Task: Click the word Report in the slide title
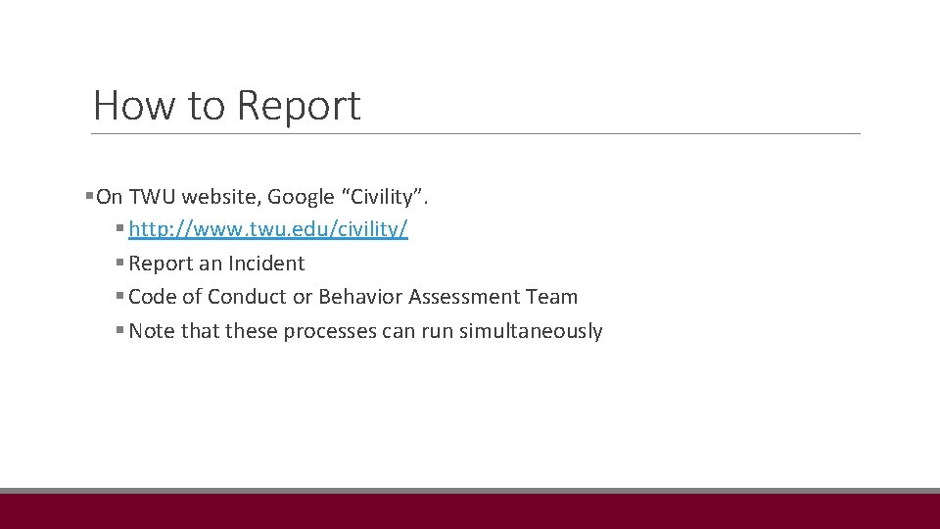[299, 106]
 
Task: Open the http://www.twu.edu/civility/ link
[268, 230]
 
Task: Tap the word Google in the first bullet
[301, 197]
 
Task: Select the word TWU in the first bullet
[152, 197]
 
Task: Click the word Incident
[266, 264]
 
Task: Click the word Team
[554, 297]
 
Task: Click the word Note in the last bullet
[151, 331]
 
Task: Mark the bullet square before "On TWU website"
[90, 197]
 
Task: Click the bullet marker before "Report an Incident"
[119, 264]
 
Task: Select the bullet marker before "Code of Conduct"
[119, 297]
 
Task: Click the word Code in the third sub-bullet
[151, 297]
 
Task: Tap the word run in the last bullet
[437, 331]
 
